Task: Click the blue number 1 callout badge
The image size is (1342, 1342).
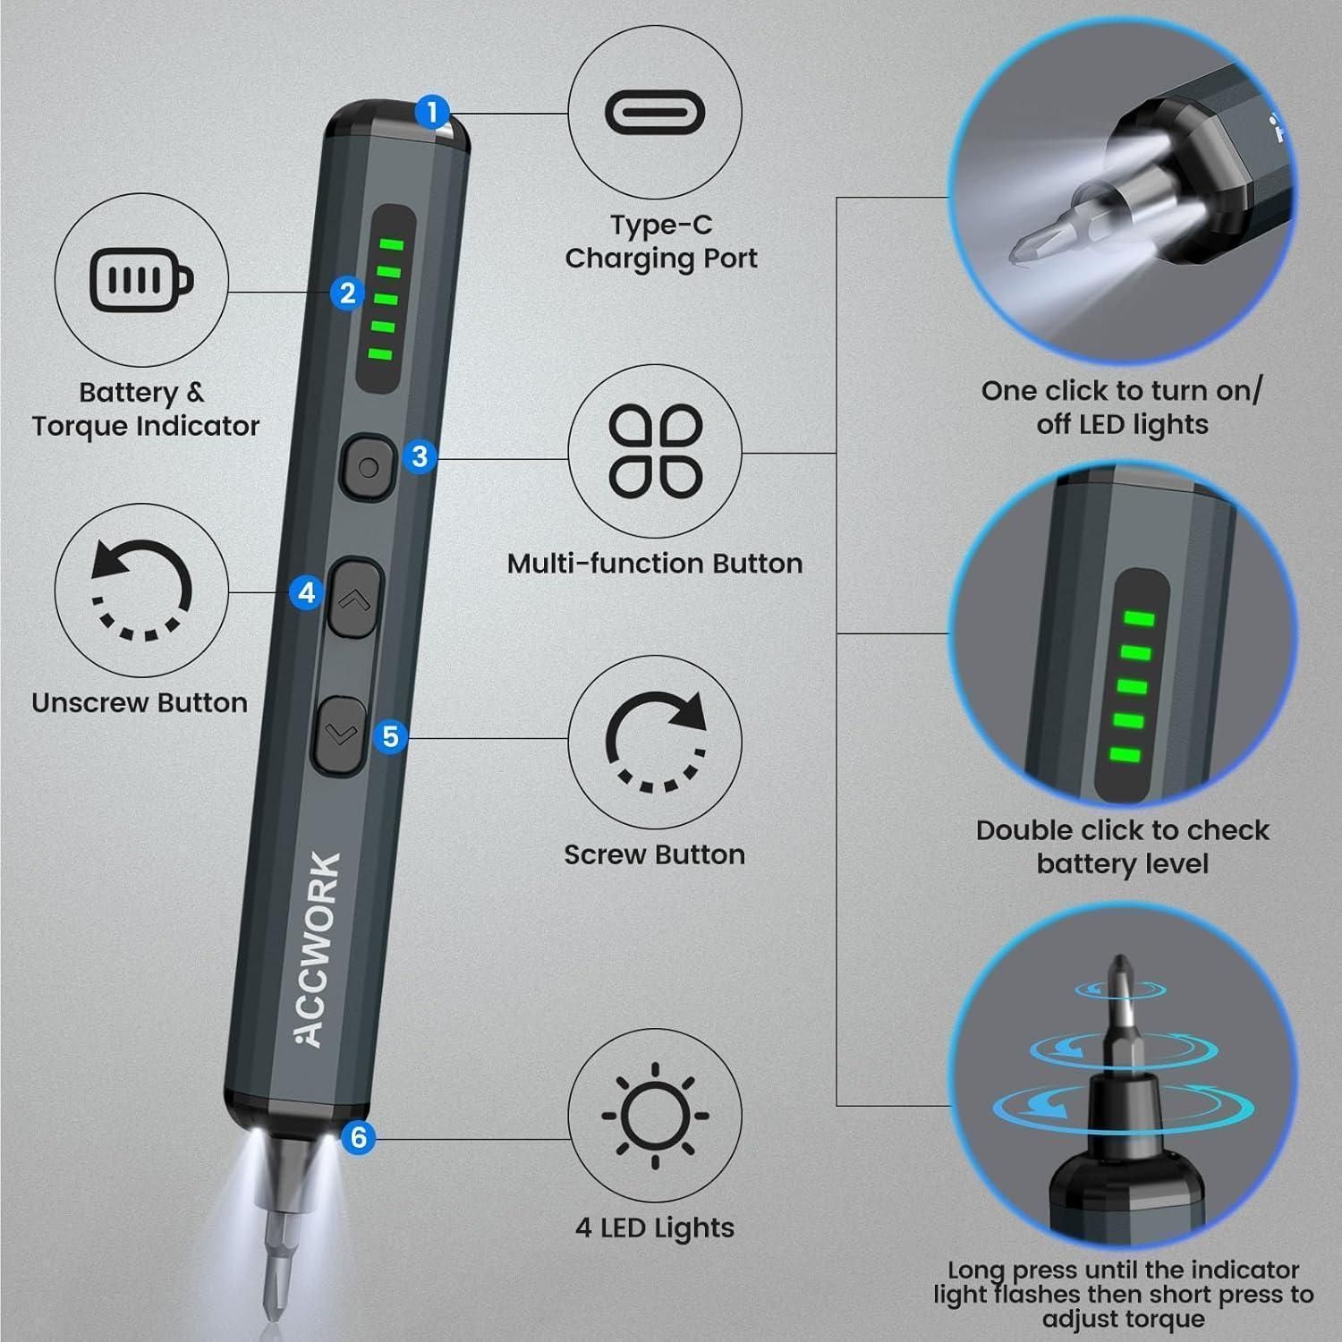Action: coord(433,113)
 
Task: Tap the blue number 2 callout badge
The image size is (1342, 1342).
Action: coord(347,293)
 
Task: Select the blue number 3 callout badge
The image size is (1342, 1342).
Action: coord(420,456)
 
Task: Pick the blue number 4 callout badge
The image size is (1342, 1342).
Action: coord(307,592)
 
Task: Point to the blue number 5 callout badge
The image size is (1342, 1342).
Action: coord(390,736)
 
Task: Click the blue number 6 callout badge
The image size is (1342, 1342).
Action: coord(358,1136)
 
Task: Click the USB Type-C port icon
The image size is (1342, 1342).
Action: coord(655,113)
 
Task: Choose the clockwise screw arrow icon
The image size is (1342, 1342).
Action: coord(656,742)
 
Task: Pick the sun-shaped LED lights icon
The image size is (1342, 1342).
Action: coord(655,1116)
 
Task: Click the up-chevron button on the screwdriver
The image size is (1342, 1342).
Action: coord(353,598)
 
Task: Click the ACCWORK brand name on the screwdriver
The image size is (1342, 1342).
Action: coord(319,948)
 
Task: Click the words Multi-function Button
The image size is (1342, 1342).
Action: coord(655,564)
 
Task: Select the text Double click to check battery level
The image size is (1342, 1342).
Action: coord(1122,846)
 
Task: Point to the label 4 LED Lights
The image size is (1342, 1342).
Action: coord(655,1227)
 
